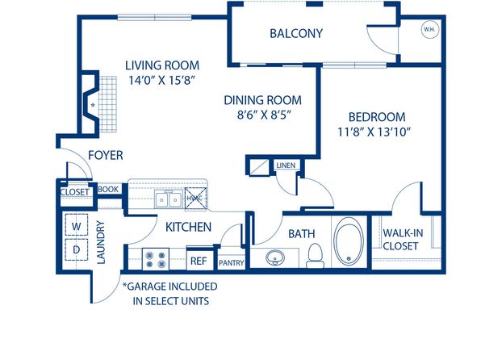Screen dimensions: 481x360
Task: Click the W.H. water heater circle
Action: [x=430, y=30]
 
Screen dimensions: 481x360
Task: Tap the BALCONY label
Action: [x=296, y=33]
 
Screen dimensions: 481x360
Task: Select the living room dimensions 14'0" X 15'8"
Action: [x=161, y=81]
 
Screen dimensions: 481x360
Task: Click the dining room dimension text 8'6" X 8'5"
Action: [x=264, y=115]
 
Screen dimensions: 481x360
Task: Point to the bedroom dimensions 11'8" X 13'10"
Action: [x=374, y=132]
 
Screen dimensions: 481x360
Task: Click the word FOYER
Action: [x=106, y=155]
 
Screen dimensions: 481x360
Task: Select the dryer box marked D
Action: [x=77, y=249]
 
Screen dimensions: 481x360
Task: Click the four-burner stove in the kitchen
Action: [x=156, y=259]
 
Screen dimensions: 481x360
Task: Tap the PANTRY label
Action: [x=232, y=263]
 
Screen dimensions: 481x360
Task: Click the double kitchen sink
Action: [x=169, y=199]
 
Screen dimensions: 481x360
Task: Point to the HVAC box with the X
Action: [x=195, y=199]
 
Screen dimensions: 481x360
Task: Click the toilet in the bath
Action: [x=315, y=255]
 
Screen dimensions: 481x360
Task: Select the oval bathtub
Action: [x=349, y=243]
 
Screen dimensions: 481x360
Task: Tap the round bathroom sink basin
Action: [x=275, y=257]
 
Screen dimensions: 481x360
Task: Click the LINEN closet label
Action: [x=286, y=165]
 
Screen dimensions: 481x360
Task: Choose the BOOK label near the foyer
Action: [x=108, y=190]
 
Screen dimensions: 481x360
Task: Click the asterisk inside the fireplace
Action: [x=93, y=105]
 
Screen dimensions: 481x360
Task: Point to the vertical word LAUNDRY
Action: [x=101, y=242]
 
